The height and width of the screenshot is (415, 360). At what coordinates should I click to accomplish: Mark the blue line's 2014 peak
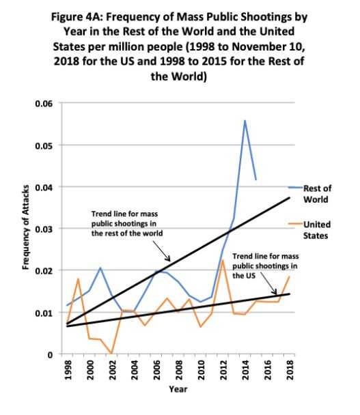click(x=245, y=120)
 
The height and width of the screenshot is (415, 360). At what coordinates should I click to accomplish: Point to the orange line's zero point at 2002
click(x=111, y=354)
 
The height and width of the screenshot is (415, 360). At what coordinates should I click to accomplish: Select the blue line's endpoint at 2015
click(x=256, y=180)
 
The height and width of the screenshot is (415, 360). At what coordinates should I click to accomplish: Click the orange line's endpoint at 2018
click(x=290, y=276)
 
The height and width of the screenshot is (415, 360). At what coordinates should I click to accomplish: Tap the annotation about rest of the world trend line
click(x=128, y=223)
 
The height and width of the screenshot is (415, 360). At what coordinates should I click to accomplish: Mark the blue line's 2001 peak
click(x=100, y=268)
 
